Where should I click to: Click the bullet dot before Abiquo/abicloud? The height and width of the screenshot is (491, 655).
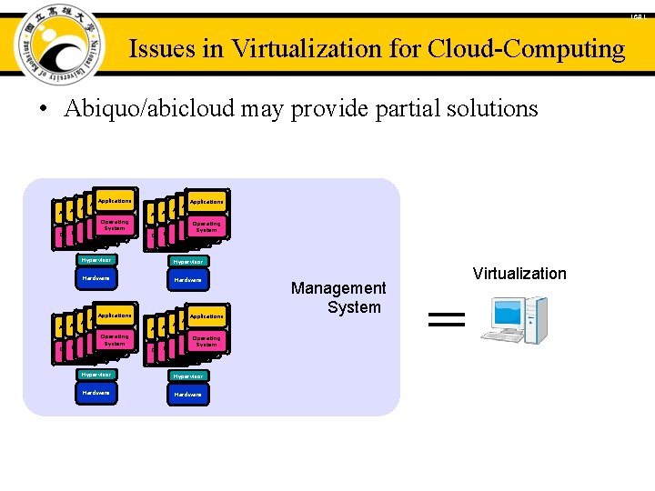(x=42, y=110)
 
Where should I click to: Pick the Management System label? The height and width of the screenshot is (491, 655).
(x=338, y=297)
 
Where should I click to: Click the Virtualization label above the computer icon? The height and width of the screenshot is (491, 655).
(x=519, y=274)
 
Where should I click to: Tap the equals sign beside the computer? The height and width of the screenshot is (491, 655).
(x=446, y=318)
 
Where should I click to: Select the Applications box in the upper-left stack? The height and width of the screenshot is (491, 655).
(x=115, y=201)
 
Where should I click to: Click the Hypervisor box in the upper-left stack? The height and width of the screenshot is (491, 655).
(x=96, y=260)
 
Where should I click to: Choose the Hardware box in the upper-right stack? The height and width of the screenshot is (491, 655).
(x=188, y=280)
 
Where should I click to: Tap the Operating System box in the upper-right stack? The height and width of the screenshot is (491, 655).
(x=207, y=226)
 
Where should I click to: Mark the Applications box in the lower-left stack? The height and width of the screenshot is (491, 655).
(x=115, y=316)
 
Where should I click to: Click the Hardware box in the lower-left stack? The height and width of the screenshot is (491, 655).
(x=96, y=393)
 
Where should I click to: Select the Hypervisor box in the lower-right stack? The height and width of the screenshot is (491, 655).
(x=188, y=376)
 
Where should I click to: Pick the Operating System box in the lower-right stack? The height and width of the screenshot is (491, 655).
(x=207, y=341)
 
